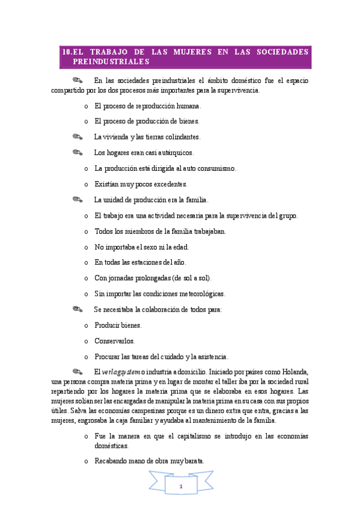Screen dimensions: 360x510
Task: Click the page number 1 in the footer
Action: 180,485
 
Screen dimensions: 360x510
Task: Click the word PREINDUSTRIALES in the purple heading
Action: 109,62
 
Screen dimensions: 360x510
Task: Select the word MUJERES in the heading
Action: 191,52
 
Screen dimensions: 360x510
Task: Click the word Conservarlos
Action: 114,341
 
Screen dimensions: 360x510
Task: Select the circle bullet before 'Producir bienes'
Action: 87,325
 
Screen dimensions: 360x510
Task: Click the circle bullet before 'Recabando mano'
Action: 87,462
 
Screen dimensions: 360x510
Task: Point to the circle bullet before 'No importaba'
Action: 87,247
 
